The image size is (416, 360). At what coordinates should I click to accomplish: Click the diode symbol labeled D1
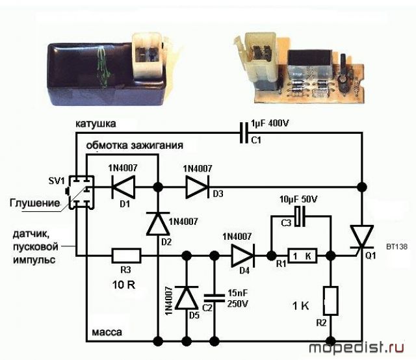coord(123,187)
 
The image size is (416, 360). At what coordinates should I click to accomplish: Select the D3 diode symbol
coord(198,187)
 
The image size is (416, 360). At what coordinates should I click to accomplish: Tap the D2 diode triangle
coord(158,224)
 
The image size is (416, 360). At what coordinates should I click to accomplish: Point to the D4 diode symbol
coord(242,256)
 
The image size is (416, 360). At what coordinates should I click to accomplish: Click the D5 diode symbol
coord(187,298)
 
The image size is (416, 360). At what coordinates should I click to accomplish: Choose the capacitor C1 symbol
coord(244,133)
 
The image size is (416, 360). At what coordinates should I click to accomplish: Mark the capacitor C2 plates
coord(214,298)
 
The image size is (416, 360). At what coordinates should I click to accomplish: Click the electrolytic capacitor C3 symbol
coord(300,216)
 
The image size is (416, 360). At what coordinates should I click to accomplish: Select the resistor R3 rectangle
coord(126,256)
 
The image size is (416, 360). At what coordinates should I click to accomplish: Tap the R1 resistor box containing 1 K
coord(302,256)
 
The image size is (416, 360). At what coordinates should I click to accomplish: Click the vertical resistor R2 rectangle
coord(331,301)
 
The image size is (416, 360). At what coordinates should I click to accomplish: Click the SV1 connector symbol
coord(81,192)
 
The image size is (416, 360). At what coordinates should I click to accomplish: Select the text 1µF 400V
coord(270,123)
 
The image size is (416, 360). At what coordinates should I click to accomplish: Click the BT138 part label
coord(397,247)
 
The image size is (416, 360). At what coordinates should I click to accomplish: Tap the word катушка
coord(96,124)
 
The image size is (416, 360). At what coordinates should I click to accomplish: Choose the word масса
coord(107,332)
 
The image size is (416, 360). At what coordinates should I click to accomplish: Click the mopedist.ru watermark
coord(357,348)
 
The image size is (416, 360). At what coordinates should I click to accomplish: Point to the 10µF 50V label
coord(298,199)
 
